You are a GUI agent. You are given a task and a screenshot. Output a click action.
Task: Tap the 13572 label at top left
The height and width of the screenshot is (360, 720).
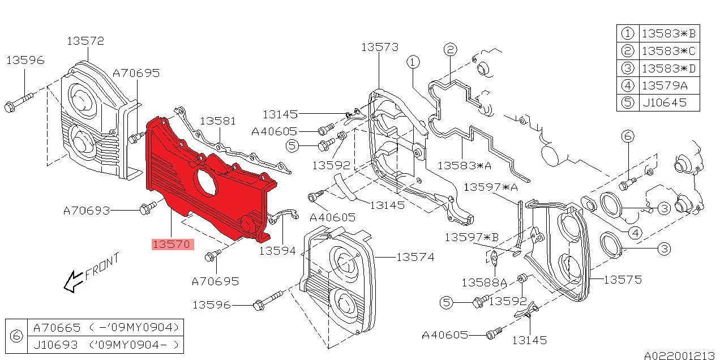click(85, 41)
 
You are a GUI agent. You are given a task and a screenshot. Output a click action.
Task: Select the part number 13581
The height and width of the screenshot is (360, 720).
click(218, 121)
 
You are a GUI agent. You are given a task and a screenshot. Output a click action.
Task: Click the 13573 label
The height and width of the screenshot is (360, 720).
click(380, 47)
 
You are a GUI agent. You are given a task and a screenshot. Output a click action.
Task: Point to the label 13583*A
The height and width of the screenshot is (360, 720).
click(465, 165)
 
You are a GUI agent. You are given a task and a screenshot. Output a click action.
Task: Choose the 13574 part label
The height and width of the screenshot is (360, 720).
click(415, 257)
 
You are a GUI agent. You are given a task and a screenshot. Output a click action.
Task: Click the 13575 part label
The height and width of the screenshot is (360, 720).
click(623, 280)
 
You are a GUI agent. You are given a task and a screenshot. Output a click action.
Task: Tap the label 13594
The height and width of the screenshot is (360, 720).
click(277, 251)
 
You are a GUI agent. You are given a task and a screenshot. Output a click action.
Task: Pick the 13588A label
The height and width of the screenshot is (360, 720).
click(484, 283)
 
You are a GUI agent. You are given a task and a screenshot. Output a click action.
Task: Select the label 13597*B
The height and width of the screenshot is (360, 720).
click(472, 237)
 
